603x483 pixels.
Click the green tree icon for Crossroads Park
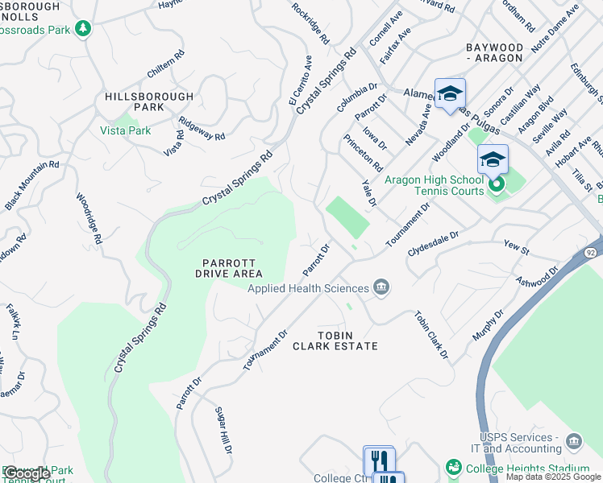pyautogui.click(x=82, y=29)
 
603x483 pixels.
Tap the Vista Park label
pyautogui.click(x=125, y=130)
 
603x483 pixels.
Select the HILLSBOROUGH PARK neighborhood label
pyautogui.click(x=149, y=101)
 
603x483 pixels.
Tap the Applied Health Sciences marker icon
pyautogui.click(x=381, y=288)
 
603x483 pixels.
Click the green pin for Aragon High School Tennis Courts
pyautogui.click(x=497, y=185)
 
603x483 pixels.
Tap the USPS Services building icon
pyautogui.click(x=573, y=441)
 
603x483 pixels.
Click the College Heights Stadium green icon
pyautogui.click(x=454, y=468)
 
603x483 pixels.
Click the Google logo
pyautogui.click(x=27, y=473)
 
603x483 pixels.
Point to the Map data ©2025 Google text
pyautogui.click(x=553, y=477)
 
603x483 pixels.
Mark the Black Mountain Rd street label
pyautogui.click(x=32, y=186)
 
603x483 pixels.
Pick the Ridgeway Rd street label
pyautogui.click(x=202, y=130)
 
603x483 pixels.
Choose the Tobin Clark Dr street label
pyautogui.click(x=431, y=334)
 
